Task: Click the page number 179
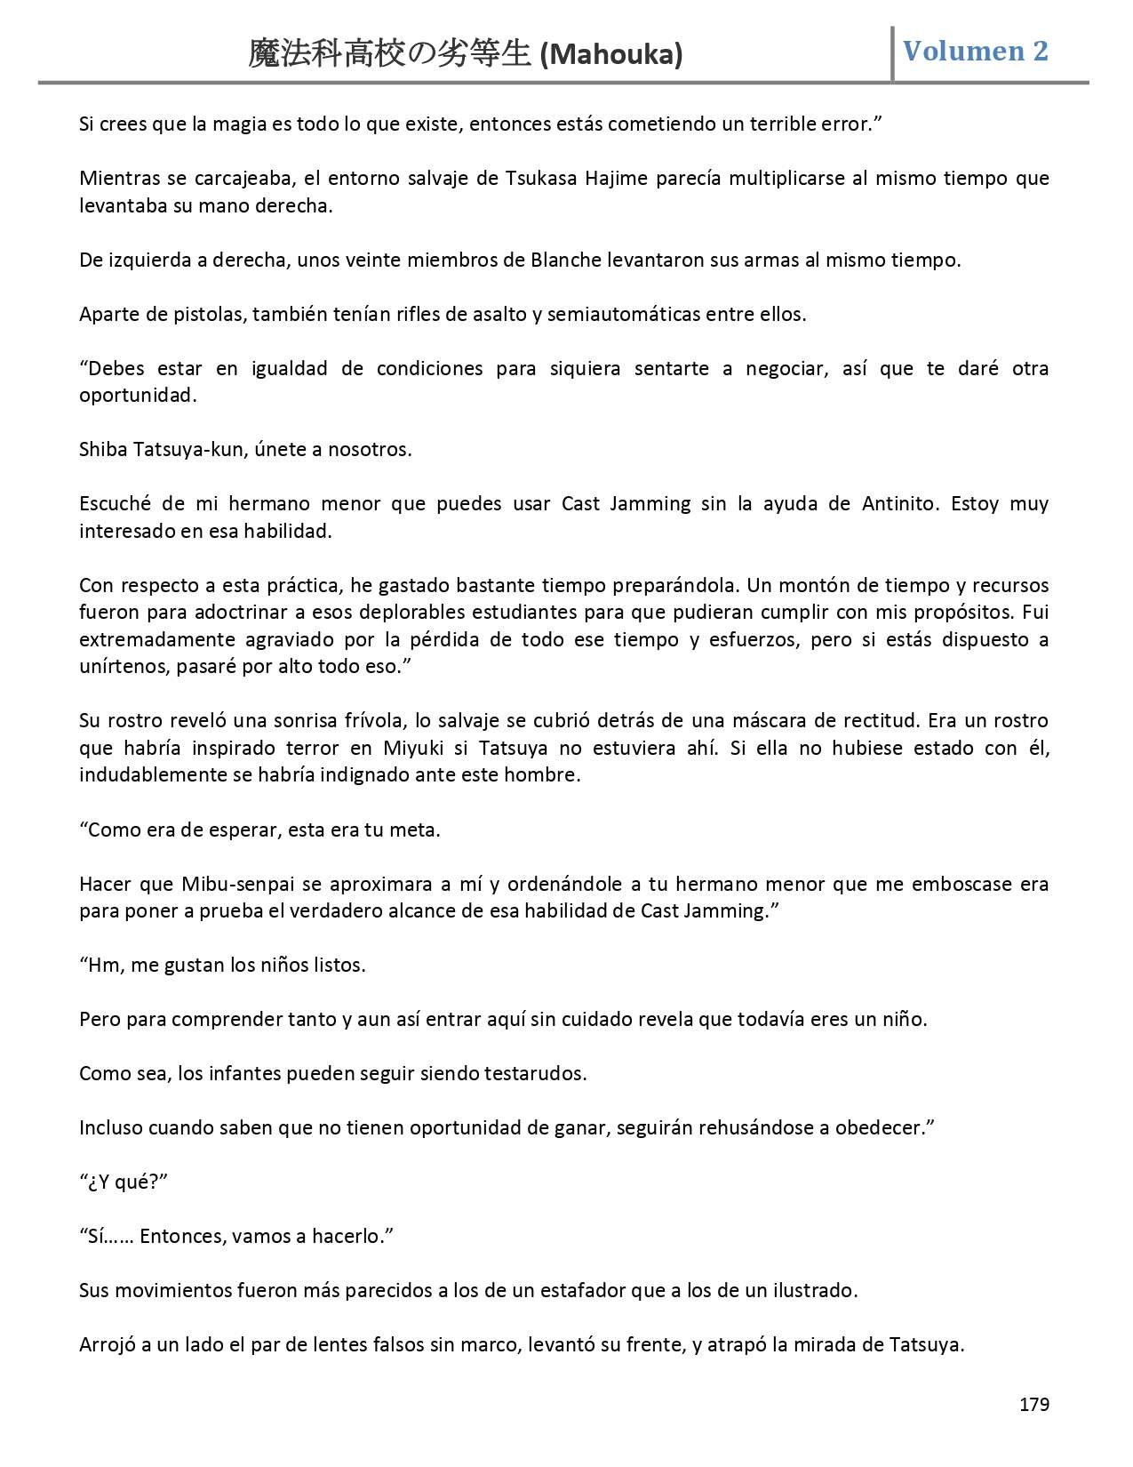[1033, 1404]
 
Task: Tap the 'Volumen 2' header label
[975, 51]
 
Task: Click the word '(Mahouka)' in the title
[611, 55]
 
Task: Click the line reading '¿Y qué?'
[124, 1182]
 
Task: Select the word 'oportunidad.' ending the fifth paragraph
[138, 396]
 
